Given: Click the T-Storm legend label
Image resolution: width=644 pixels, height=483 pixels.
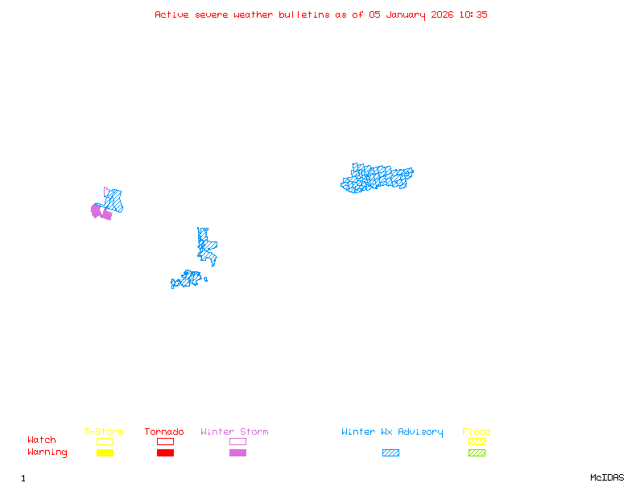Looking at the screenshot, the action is [104, 432].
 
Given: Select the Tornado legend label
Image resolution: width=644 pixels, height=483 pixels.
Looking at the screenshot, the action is [164, 432].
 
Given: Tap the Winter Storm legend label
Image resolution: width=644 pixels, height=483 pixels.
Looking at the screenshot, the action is [234, 432].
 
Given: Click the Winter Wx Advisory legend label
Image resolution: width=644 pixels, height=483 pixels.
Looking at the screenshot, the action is [392, 432].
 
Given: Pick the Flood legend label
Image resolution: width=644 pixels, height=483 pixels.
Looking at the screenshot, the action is [477, 432].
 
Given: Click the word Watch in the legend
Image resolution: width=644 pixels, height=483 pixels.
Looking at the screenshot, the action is [42, 440].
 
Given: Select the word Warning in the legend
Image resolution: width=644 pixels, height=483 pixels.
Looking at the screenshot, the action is [47, 452].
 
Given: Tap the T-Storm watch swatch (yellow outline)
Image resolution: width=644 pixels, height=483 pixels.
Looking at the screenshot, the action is [105, 441].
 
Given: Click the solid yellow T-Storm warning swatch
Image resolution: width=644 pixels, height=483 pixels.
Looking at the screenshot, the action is [105, 453].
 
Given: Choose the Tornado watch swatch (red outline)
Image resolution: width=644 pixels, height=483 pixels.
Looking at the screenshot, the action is [165, 441].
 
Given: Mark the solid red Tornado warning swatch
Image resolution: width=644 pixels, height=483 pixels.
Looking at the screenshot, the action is [165, 453].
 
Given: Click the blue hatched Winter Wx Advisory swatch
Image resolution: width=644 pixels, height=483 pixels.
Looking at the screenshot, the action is [390, 453].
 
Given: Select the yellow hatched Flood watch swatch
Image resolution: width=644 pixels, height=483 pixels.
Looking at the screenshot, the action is [477, 441].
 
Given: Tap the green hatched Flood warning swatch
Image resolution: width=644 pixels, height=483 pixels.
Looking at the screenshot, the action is [477, 453].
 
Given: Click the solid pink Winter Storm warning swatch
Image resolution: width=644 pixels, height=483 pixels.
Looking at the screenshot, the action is [237, 453].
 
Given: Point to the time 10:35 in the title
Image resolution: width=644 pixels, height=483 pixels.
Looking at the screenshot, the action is [475, 14].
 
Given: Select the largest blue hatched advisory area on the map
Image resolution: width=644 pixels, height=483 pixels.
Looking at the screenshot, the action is [377, 178].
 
